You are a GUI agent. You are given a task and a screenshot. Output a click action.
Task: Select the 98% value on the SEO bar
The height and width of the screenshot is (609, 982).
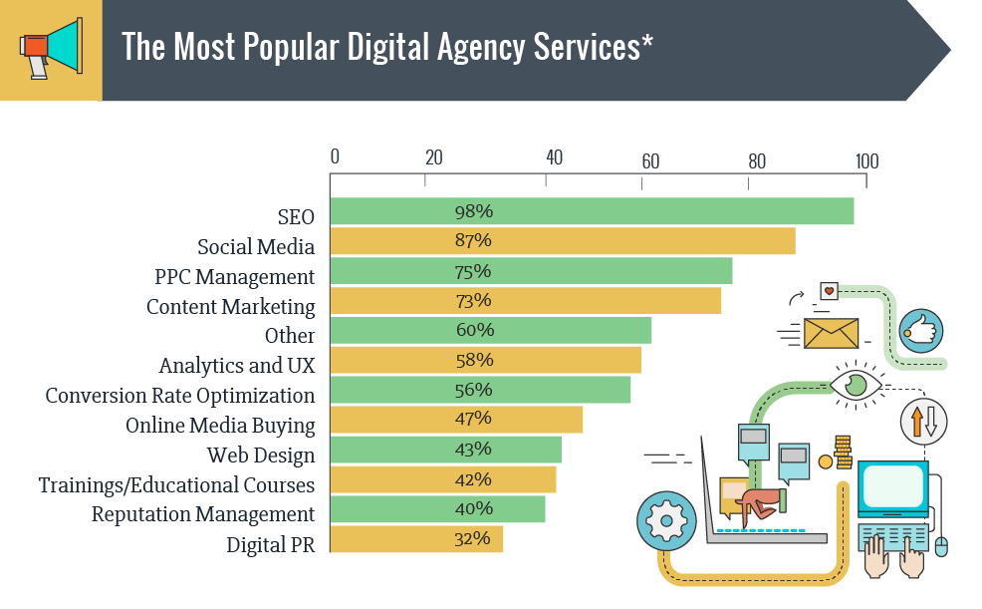(473, 211)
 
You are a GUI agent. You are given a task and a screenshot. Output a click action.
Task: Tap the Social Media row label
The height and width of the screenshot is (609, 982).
(256, 247)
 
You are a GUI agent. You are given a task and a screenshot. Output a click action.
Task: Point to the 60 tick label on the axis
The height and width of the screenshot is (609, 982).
(650, 161)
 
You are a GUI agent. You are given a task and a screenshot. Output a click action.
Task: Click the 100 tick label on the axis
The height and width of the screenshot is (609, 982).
(866, 161)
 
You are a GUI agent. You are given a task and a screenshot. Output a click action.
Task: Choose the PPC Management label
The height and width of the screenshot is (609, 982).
(234, 277)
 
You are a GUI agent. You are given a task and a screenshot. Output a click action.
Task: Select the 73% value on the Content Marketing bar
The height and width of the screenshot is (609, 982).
(473, 300)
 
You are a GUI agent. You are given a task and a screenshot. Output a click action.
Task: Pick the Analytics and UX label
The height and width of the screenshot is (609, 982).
(236, 366)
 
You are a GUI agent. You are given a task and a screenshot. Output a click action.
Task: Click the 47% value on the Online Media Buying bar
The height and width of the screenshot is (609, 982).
(473, 419)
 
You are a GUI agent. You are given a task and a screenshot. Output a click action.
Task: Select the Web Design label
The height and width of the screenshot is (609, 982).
(261, 456)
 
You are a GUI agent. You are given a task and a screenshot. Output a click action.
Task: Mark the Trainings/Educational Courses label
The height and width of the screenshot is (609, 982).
(176, 485)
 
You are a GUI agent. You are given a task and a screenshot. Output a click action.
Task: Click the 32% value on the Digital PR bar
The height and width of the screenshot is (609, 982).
(473, 538)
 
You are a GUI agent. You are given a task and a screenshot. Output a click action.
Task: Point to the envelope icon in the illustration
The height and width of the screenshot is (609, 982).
(831, 333)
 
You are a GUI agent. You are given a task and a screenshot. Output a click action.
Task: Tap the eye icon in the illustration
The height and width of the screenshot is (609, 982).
(856, 384)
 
